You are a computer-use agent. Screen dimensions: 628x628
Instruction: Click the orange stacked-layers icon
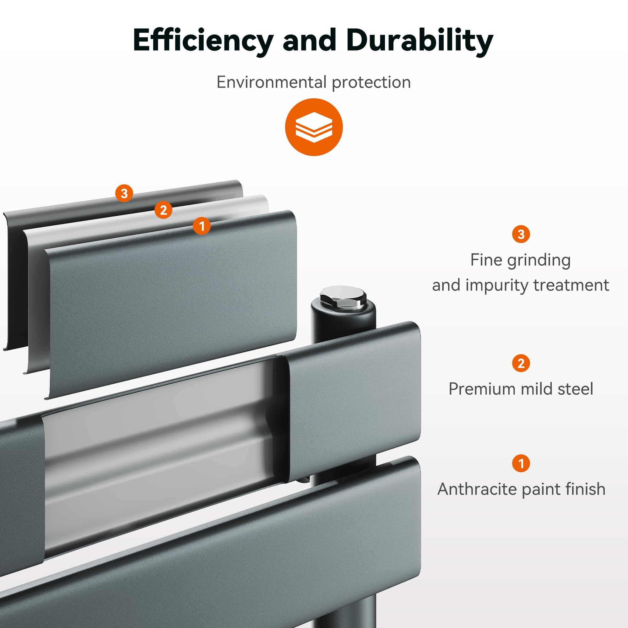point(314,127)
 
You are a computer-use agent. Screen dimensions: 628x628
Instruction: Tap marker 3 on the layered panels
point(124,193)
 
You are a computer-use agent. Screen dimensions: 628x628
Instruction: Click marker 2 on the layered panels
point(163,210)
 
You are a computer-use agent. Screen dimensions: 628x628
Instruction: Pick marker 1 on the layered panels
point(202,225)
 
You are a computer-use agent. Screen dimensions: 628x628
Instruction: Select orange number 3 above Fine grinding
point(521,234)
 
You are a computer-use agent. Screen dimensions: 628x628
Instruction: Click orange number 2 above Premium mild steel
point(521,363)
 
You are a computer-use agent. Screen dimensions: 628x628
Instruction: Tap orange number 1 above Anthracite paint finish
point(521,463)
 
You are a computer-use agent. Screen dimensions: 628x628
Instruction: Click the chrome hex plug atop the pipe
point(343,296)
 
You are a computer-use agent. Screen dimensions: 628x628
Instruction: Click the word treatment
point(571,285)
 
